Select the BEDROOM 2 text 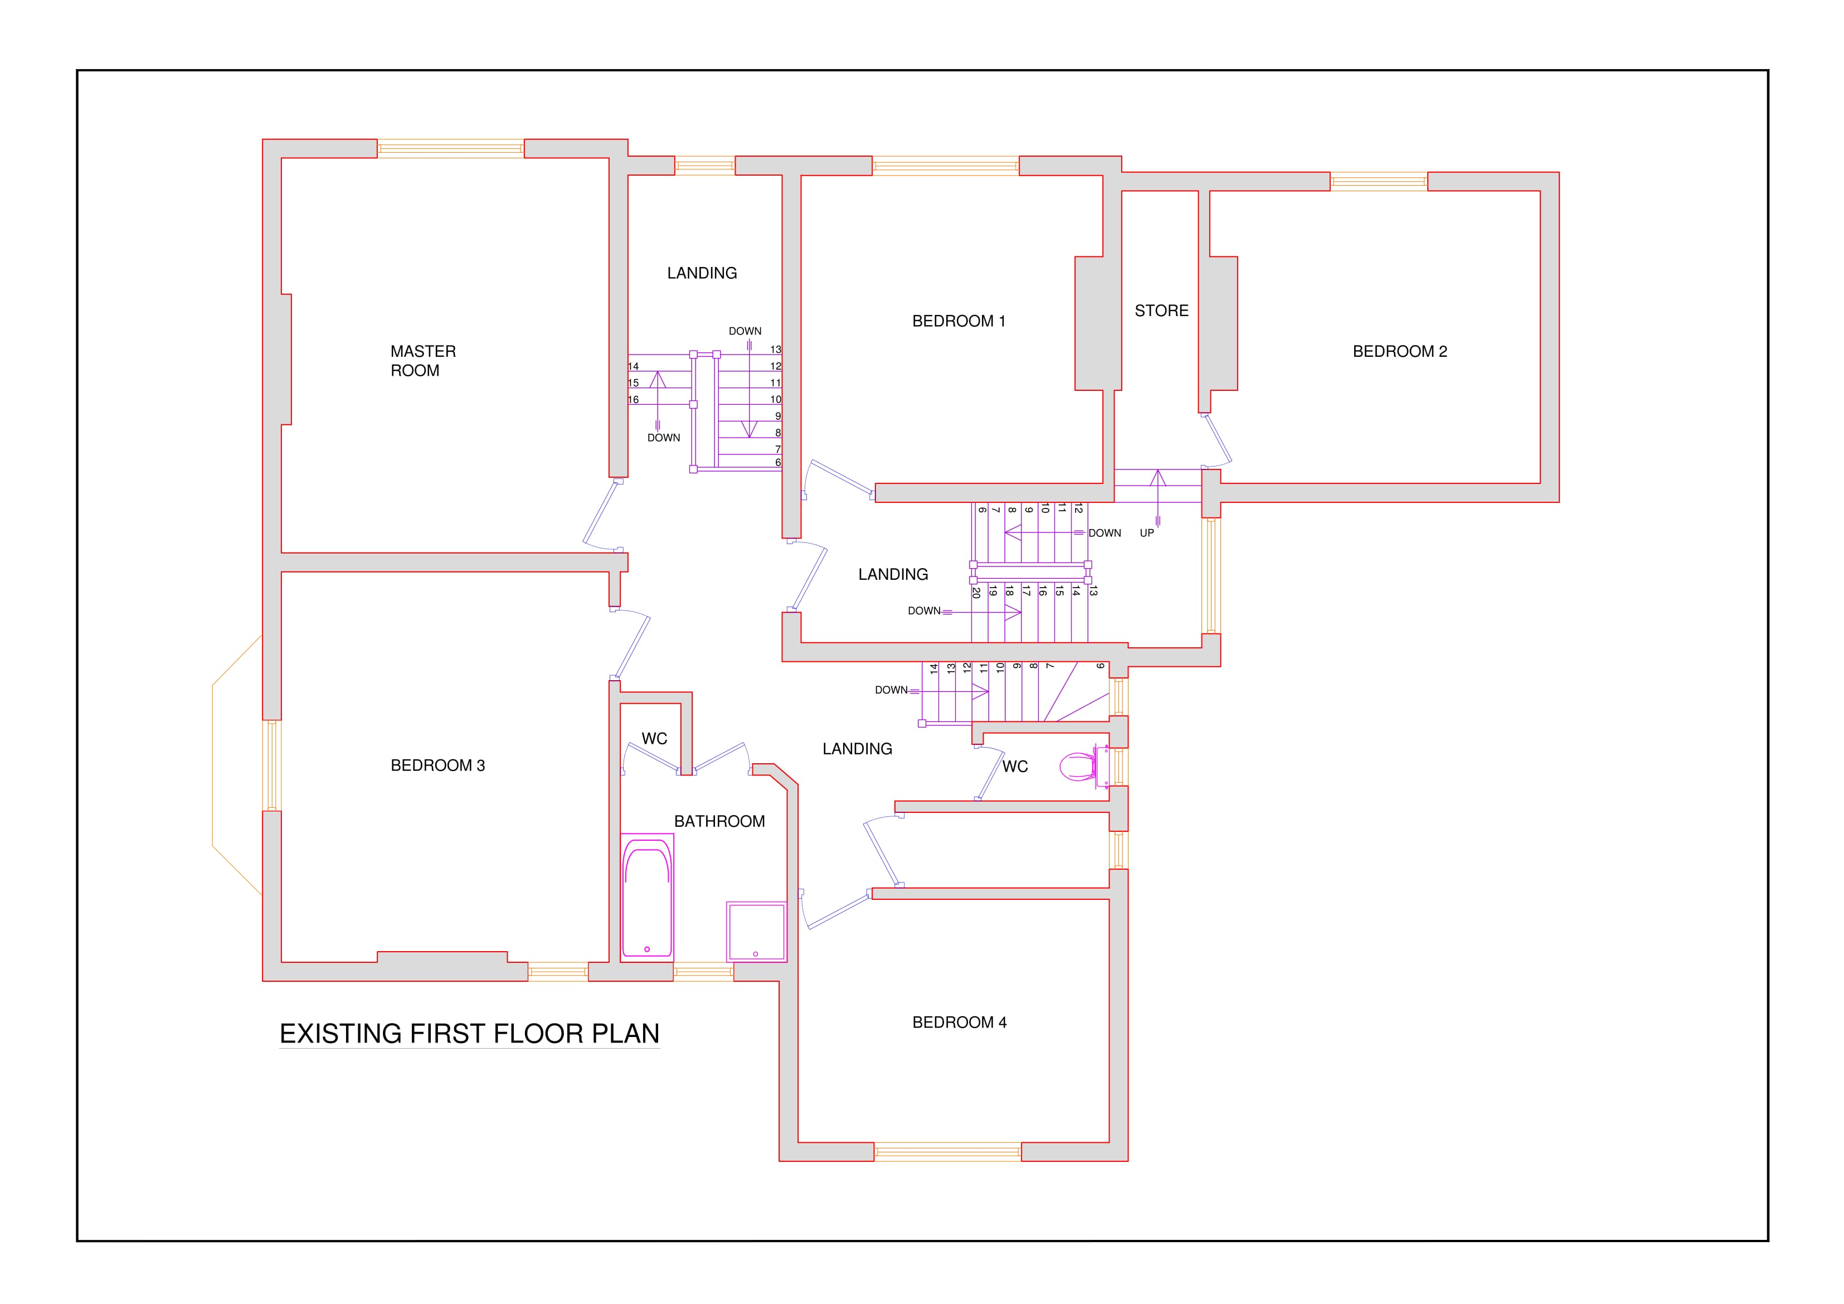point(1399,351)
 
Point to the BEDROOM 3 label point(437,765)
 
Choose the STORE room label point(1161,311)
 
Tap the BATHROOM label point(719,821)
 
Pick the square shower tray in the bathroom point(757,931)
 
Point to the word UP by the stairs point(1147,532)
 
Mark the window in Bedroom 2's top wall point(1378,182)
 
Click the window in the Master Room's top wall point(451,149)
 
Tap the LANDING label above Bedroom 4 point(857,749)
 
